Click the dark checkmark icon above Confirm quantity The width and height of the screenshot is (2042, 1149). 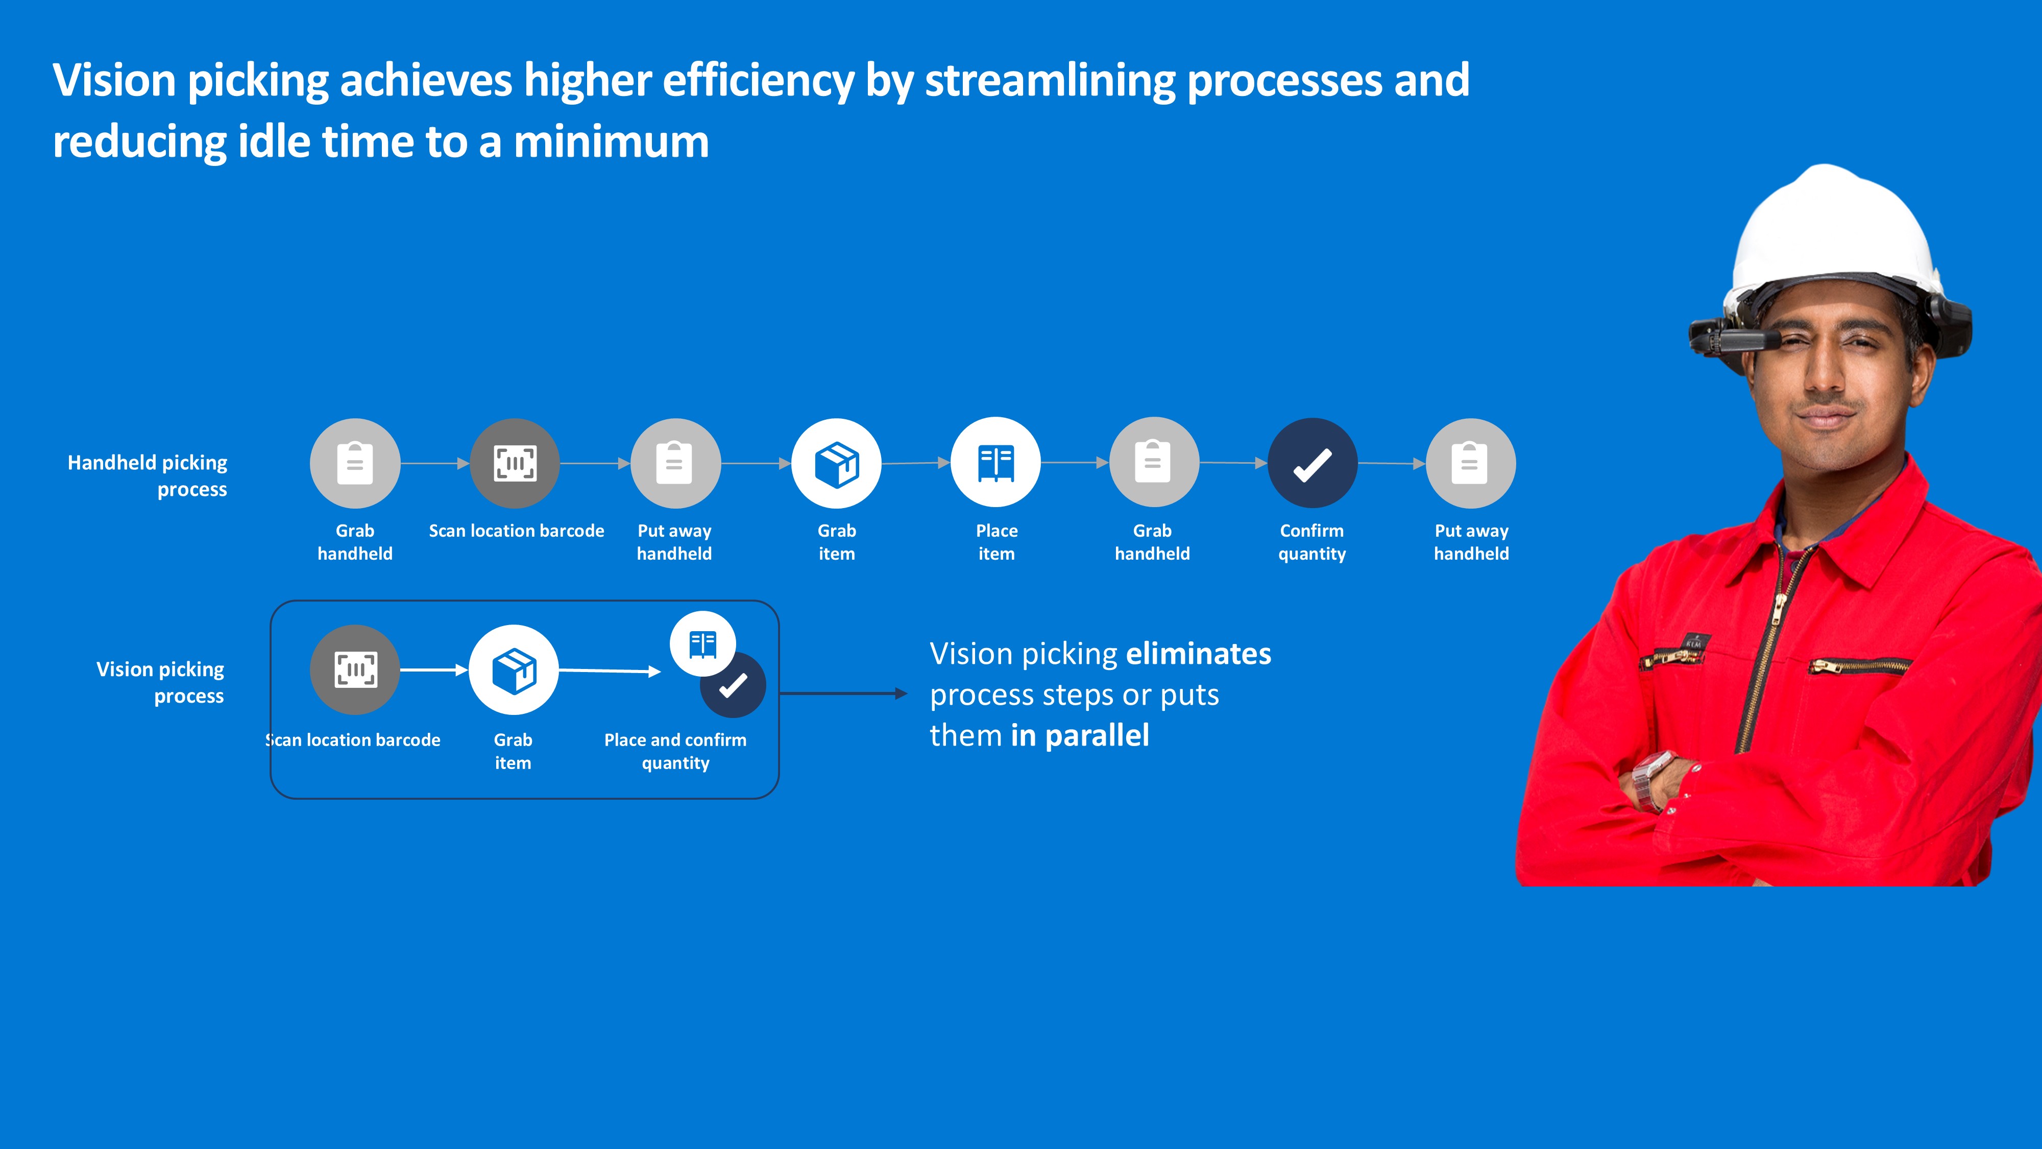pyautogui.click(x=1312, y=463)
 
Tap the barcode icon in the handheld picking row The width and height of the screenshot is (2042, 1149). pyautogui.click(x=515, y=463)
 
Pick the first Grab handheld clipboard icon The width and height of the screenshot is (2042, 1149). pyautogui.click(x=355, y=463)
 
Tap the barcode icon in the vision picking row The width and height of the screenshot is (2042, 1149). pyautogui.click(x=355, y=670)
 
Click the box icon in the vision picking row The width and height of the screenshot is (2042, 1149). pyautogui.click(x=514, y=670)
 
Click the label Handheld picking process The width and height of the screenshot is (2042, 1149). pyautogui.click(x=148, y=476)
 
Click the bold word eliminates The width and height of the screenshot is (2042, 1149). pyautogui.click(x=1199, y=654)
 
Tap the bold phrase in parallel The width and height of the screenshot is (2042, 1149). pyautogui.click(x=1080, y=736)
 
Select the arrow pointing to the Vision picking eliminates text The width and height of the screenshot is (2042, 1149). pyautogui.click(x=843, y=694)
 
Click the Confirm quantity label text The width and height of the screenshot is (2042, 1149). pyautogui.click(x=1312, y=542)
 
